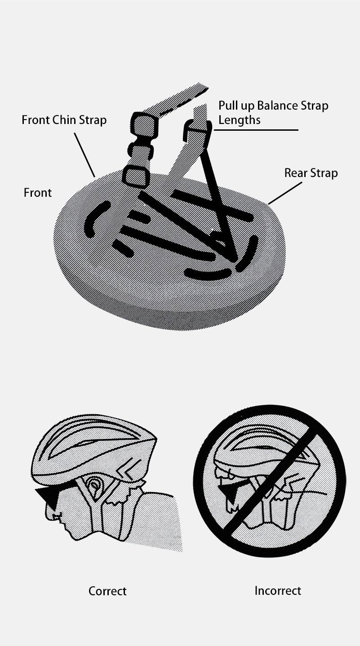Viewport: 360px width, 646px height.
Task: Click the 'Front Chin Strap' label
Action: (x=64, y=120)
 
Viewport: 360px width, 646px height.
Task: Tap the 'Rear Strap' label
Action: (x=311, y=173)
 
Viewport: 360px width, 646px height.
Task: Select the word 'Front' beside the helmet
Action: (x=37, y=193)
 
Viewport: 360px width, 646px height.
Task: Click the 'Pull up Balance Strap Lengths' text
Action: (x=273, y=112)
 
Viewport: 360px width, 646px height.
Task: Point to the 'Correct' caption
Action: (x=107, y=591)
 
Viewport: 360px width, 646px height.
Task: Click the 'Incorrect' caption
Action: (x=277, y=590)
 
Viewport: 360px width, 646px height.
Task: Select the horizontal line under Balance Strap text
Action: (x=256, y=130)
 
